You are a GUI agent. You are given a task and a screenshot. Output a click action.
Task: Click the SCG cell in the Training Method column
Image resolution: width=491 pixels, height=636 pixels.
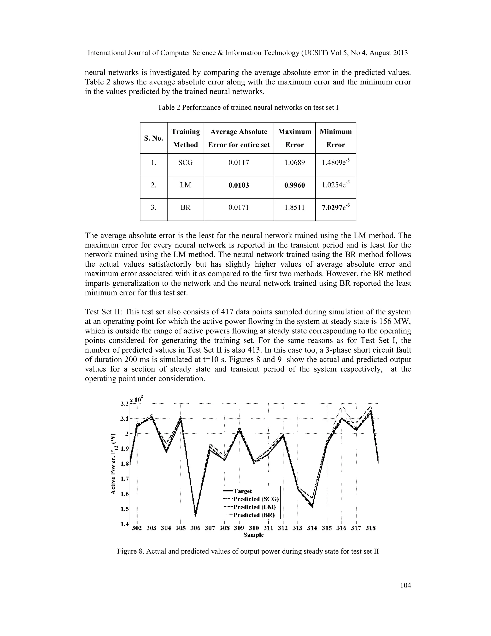185,162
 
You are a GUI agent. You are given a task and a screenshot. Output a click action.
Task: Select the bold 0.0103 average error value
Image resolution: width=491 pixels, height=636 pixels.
239,185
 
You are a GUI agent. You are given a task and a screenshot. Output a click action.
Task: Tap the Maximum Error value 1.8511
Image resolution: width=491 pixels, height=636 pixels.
294,207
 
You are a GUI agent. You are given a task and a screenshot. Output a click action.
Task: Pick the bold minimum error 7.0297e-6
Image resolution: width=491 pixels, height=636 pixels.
335,207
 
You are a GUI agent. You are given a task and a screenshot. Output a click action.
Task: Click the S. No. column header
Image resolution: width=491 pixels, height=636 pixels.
154,138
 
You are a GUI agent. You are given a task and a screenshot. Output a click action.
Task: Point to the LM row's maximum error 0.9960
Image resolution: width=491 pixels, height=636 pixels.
294,185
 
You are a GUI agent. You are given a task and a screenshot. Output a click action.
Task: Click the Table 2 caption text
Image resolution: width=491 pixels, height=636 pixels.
248,108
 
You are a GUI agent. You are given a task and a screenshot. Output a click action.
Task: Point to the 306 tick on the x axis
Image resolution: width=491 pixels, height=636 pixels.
195,528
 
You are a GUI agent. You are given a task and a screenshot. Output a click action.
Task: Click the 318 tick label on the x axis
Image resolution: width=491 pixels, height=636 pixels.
370,528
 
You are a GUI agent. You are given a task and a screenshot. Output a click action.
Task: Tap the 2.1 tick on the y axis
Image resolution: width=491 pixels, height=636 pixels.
124,419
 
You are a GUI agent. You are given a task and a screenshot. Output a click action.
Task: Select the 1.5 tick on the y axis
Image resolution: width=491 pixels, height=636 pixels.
124,509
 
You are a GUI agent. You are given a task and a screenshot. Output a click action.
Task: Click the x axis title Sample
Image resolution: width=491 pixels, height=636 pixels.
254,535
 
